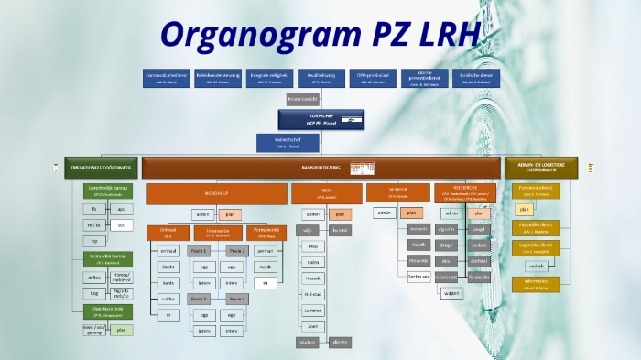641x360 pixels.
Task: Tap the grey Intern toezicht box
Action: pos(302,98)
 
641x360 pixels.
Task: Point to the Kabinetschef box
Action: pos(288,143)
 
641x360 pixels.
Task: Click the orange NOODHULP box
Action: pos(216,193)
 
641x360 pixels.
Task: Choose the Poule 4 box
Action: pos(236,299)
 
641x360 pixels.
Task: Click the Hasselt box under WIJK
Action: pos(312,278)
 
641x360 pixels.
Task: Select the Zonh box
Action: pos(312,326)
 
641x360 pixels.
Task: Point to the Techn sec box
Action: pos(418,277)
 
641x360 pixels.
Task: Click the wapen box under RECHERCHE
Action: pos(451,293)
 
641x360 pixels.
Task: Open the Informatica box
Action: pos(536,284)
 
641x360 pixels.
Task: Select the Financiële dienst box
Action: pos(536,227)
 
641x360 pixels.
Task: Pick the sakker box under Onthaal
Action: pos(168,299)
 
